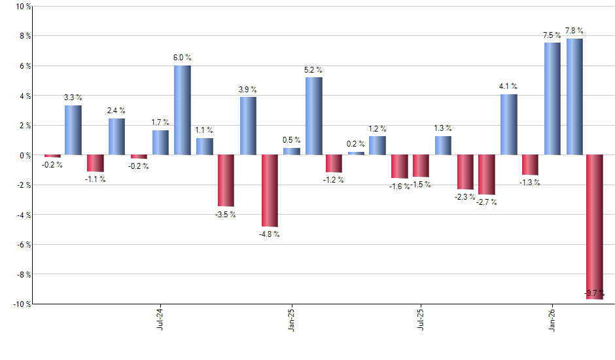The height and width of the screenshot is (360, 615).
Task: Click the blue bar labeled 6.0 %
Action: point(183,110)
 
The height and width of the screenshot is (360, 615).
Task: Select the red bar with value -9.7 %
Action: point(595,226)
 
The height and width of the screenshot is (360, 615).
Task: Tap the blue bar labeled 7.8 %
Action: point(574,97)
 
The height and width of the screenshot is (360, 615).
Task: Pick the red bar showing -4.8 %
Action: point(270,190)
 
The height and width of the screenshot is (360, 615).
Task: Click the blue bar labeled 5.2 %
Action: point(313,116)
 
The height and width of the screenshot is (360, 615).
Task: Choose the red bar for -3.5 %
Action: point(226,181)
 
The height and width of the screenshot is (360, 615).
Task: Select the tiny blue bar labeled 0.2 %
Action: point(356,153)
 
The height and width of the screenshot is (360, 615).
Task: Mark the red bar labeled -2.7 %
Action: point(487,175)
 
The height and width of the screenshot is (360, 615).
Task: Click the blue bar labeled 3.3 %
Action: point(73,130)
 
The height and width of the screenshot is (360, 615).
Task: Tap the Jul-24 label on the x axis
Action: point(160,319)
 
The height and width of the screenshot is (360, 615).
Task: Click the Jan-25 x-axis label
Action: point(291,319)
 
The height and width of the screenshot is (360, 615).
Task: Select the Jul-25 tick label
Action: point(421,319)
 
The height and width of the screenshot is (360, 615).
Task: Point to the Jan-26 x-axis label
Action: point(552,319)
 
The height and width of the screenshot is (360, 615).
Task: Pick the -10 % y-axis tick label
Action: point(20,304)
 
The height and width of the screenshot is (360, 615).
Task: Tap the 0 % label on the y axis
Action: point(24,155)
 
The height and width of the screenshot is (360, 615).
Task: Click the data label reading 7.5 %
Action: point(552,35)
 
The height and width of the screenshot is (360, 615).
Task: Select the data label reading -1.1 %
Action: point(95,179)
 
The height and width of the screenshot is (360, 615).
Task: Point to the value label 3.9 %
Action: point(247,90)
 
